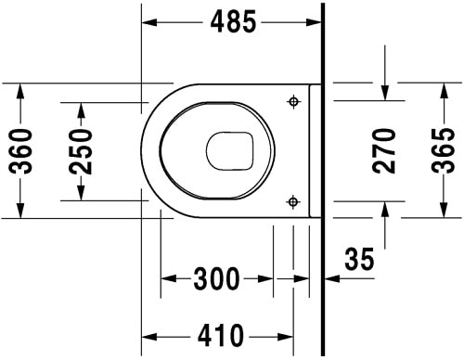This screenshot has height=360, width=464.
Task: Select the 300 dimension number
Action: click(217, 277)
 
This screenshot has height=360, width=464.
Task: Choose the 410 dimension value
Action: click(220, 334)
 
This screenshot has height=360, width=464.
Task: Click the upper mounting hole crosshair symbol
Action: click(294, 101)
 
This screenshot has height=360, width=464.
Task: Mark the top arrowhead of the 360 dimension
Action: click(19, 88)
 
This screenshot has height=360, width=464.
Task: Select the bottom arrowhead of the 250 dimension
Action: click(82, 191)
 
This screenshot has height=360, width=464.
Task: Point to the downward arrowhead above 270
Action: click(383, 91)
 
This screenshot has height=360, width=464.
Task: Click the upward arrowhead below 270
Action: click(383, 209)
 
